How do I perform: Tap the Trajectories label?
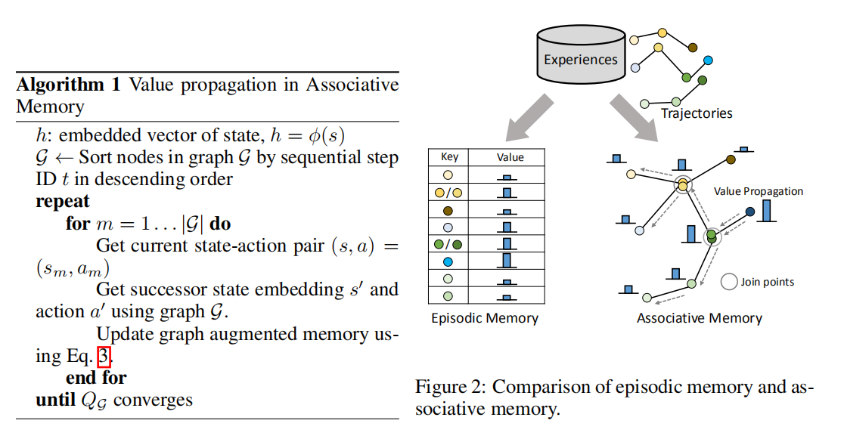click(x=697, y=113)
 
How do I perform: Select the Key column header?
click(x=449, y=157)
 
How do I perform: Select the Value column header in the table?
click(x=510, y=157)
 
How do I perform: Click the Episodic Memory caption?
click(x=485, y=318)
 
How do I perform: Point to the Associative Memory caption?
click(x=699, y=318)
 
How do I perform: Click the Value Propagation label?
click(x=758, y=191)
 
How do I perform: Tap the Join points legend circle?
click(x=729, y=282)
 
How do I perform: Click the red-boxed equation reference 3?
click(x=104, y=355)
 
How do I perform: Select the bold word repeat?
click(x=62, y=202)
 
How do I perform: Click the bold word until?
click(x=55, y=400)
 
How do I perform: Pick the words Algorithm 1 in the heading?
click(x=69, y=84)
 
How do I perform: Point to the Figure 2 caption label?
click(x=449, y=387)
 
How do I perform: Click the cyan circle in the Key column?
click(x=448, y=261)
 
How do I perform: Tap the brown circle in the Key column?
click(x=448, y=211)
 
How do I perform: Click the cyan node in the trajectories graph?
click(x=708, y=60)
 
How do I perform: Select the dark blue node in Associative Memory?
click(x=749, y=212)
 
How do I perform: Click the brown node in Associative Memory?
click(x=731, y=159)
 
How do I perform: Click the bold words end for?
click(x=96, y=377)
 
